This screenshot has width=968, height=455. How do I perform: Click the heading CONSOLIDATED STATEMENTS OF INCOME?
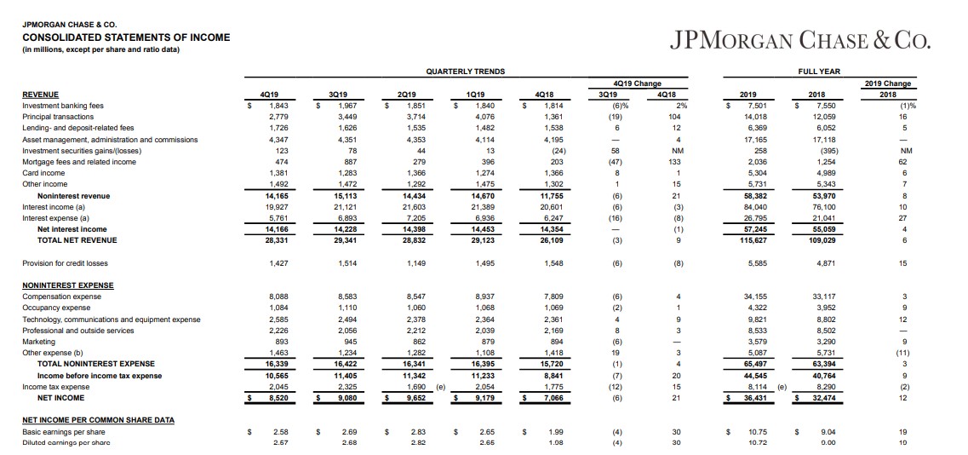126,37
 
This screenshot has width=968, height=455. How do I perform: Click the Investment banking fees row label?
63,106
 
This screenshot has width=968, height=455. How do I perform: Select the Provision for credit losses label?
66,263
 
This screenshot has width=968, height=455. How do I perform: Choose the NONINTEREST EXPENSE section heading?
67,285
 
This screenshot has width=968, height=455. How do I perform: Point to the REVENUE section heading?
41,95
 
